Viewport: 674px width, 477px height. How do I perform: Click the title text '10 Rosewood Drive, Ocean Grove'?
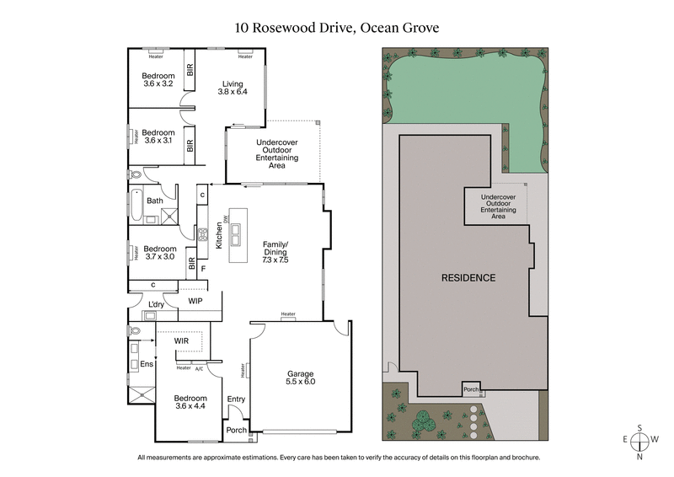[x=337, y=28]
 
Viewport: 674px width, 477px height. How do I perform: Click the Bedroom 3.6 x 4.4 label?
[x=190, y=403]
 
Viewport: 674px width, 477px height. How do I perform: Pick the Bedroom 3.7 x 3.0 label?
[x=159, y=254]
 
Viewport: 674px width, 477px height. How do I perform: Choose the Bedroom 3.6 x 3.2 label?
[x=158, y=79]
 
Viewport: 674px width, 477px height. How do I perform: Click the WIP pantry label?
[x=195, y=300]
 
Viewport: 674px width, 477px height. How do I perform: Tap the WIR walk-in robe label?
[x=181, y=341]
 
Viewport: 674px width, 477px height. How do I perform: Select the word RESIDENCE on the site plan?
[x=468, y=277]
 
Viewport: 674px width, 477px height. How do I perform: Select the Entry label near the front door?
[x=236, y=399]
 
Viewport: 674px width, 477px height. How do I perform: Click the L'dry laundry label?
[x=155, y=304]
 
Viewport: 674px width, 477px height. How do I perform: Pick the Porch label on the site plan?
[x=471, y=390]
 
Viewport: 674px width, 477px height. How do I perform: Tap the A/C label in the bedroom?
[x=199, y=368]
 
